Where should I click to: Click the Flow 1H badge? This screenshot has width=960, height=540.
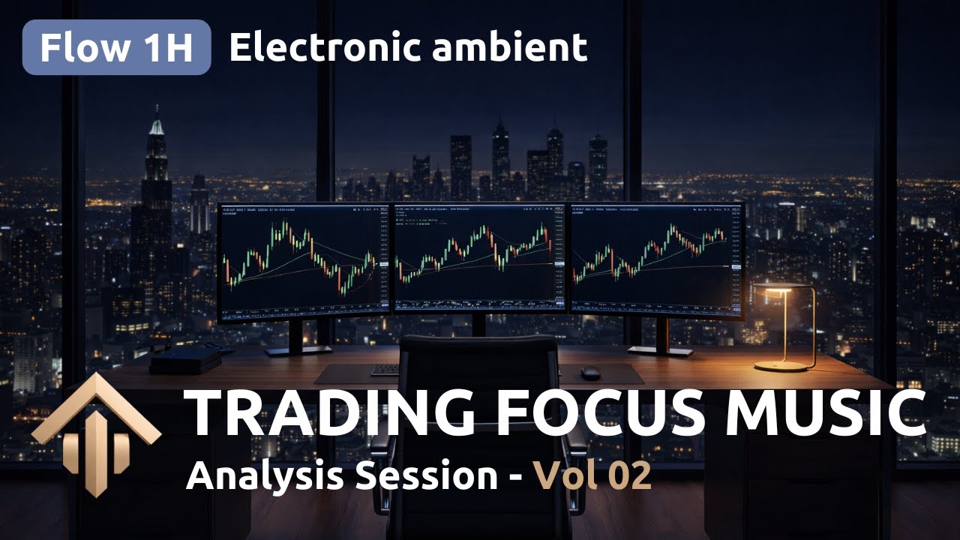(x=116, y=48)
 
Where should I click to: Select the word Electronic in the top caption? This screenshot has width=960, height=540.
(x=325, y=48)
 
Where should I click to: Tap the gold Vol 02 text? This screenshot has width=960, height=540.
(x=592, y=476)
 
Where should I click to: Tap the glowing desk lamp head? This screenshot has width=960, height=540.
(x=772, y=289)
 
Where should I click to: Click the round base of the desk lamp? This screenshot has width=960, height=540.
(x=784, y=365)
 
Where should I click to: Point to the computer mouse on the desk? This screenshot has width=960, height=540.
(x=591, y=372)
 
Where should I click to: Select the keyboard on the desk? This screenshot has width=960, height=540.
(x=385, y=369)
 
